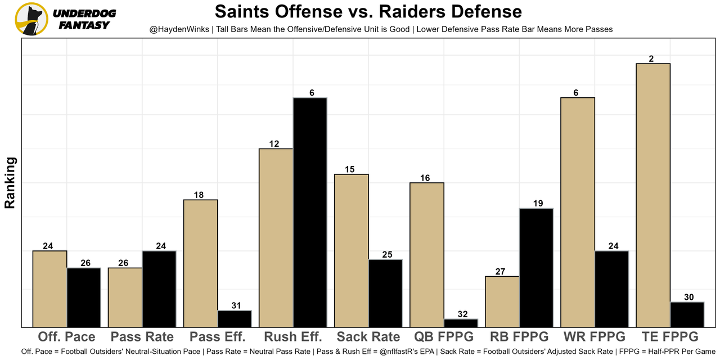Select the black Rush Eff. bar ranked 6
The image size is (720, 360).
pos(310,212)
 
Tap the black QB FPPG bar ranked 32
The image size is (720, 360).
pos(461,323)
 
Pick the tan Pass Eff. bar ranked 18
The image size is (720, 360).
pos(201,263)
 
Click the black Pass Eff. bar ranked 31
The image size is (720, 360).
pos(235,318)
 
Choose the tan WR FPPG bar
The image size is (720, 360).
pos(578,212)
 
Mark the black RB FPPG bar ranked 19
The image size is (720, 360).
pos(536,267)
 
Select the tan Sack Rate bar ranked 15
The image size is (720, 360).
pos(352,250)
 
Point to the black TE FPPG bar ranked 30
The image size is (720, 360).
pos(687,314)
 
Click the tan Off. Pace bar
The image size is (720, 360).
pos(50,289)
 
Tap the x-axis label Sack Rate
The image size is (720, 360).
pos(368,337)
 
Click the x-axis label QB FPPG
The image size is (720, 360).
pos(444,337)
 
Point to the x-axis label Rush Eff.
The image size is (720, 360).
pos(293,337)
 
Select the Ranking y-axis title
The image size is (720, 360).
pos(10,183)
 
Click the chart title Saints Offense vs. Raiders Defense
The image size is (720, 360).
pos(368,11)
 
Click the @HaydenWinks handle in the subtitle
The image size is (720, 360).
pos(175,29)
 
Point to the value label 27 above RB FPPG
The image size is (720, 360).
pos(501,272)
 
